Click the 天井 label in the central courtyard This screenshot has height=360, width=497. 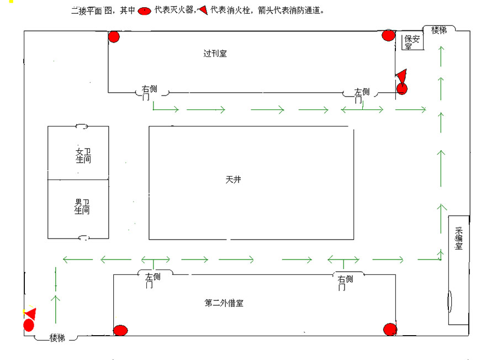(x=233, y=179)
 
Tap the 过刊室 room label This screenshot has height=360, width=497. (x=215, y=53)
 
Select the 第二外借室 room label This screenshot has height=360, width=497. (x=224, y=303)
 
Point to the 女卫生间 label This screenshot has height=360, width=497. (x=83, y=156)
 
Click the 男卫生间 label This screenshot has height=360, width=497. (x=82, y=207)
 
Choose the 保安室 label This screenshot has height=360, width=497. (x=412, y=42)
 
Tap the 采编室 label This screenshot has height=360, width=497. (x=459, y=239)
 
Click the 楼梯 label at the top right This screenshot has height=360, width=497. (x=439, y=30)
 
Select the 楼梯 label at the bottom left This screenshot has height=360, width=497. (x=57, y=338)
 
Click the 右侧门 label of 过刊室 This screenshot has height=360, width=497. (x=149, y=93)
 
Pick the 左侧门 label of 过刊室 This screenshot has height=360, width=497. (x=362, y=96)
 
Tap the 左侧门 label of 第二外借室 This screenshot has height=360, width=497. (x=152, y=281)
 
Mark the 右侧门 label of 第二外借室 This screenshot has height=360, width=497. (x=345, y=283)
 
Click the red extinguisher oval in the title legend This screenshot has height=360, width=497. (x=144, y=11)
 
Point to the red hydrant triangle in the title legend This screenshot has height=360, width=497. (x=203, y=10)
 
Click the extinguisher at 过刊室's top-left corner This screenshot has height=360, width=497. (x=114, y=37)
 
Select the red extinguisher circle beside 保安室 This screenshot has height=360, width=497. (x=388, y=35)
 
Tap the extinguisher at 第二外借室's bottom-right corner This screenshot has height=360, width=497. (x=390, y=330)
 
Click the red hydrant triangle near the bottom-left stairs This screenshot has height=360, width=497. (x=31, y=314)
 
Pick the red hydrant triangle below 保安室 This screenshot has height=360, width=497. (x=401, y=76)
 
